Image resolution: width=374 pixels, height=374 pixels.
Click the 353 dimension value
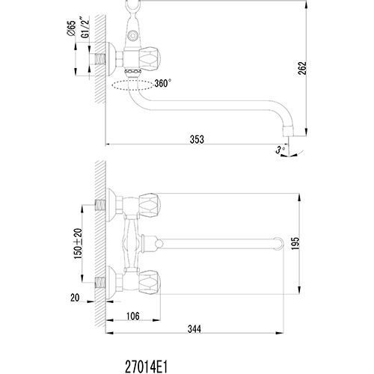coord(197,139)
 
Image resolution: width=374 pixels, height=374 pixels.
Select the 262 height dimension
coord(302,68)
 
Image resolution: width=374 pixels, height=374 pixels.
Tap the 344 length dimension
coord(194,329)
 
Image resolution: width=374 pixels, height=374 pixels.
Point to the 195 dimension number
coord(295,243)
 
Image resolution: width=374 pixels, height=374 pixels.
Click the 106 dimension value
coord(133,316)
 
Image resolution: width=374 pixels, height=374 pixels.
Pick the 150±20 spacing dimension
coord(78,243)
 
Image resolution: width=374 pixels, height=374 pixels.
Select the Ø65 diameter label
coord(71,28)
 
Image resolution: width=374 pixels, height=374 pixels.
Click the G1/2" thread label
coord(85,28)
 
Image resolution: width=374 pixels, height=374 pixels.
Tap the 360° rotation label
coord(163,83)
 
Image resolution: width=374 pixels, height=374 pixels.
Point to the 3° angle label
coord(280,150)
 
